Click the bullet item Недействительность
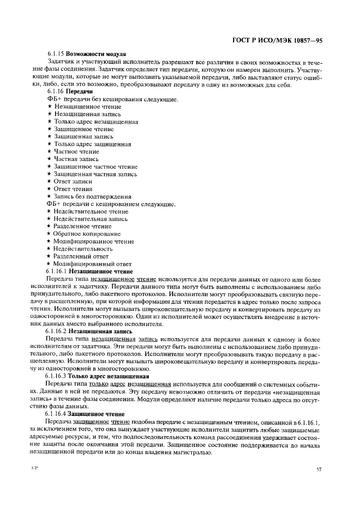83,248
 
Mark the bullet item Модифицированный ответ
89,263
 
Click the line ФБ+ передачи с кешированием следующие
111,204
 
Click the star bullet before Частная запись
49,159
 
